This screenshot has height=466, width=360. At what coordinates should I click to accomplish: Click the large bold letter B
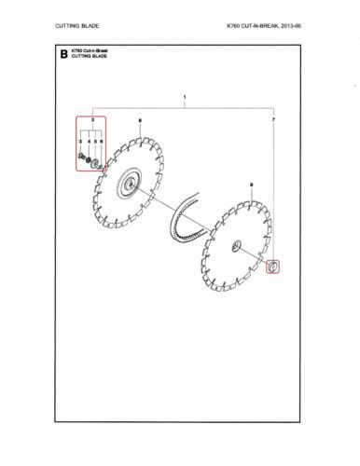point(63,54)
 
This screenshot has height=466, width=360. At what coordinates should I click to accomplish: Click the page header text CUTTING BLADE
point(77,26)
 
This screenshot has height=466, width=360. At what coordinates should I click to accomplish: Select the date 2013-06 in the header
point(291,26)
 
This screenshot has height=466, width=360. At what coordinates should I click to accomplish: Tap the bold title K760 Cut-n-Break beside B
point(90,50)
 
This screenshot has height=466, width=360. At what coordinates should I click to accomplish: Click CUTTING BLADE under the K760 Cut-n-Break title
point(90,56)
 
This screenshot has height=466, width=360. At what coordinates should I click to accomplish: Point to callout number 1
point(185,97)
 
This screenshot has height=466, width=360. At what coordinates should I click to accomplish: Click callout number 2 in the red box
point(92,119)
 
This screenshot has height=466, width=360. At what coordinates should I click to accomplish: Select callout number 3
point(80,142)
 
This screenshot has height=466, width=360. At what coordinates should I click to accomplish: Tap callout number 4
point(89,142)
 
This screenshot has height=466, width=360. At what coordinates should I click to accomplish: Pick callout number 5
point(96,142)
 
